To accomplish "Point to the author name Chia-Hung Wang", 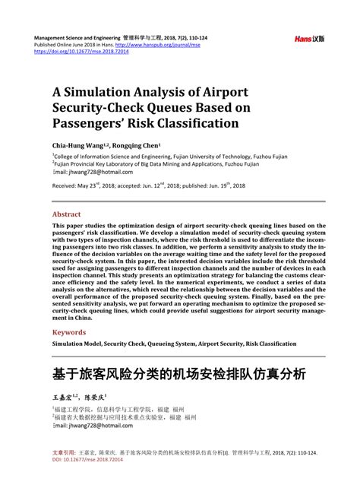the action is [x=82, y=146].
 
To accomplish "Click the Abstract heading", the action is [x=67, y=214].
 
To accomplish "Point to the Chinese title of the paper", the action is [x=179, y=374].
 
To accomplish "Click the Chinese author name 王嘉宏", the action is [x=66, y=397].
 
